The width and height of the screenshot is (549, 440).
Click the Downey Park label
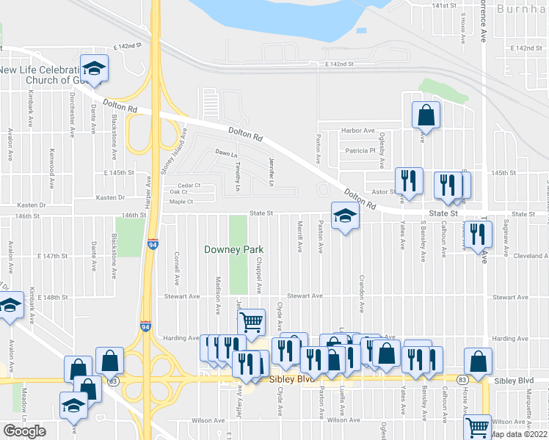(x=233, y=250)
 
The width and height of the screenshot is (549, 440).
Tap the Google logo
(x=24, y=431)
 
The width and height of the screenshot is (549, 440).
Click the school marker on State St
(x=342, y=216)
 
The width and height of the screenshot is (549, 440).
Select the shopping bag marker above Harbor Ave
(x=426, y=115)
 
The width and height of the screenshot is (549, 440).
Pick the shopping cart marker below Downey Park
(x=251, y=321)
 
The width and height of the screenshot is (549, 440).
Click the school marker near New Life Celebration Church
(x=94, y=69)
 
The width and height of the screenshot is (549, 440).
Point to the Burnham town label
(x=522, y=9)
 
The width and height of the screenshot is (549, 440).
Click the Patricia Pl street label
(x=361, y=151)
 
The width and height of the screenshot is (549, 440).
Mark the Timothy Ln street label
(x=238, y=177)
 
